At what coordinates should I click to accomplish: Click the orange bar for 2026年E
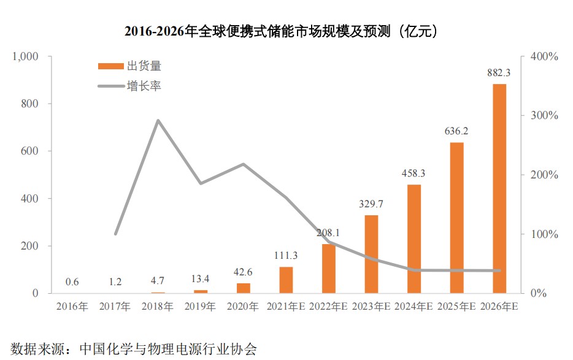click(499, 188)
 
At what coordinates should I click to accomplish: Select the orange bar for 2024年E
click(414, 239)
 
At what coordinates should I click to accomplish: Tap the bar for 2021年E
click(286, 280)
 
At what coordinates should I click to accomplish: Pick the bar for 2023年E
click(371, 254)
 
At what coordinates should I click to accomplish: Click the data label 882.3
click(499, 72)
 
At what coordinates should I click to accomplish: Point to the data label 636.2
click(456, 131)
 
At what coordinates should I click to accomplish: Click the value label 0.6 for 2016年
click(72, 282)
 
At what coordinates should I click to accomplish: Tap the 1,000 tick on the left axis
click(25, 56)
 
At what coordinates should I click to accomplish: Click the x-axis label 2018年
click(158, 306)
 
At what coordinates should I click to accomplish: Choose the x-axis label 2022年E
click(329, 306)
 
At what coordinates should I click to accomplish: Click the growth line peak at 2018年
click(158, 120)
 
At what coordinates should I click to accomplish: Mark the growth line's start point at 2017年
click(115, 234)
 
